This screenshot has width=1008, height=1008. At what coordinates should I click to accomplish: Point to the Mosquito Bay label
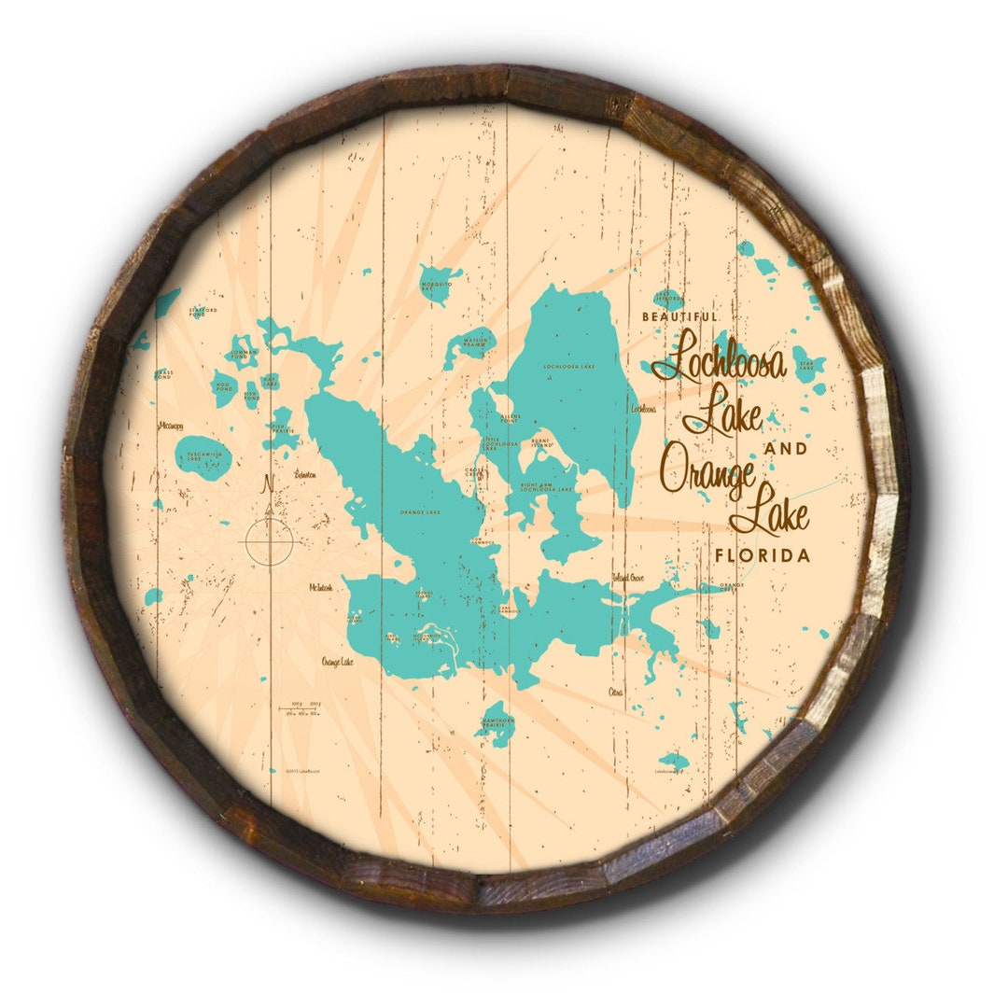(x=436, y=287)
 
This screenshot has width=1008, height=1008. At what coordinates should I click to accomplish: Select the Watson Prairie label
(x=476, y=343)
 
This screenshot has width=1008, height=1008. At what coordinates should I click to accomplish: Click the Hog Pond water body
(x=224, y=386)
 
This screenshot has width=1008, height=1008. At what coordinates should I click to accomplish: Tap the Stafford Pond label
(x=203, y=312)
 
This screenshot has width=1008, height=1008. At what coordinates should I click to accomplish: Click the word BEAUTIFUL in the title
(x=680, y=317)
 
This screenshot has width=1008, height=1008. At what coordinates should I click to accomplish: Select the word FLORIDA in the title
(x=763, y=555)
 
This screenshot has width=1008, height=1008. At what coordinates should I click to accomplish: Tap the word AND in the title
(x=786, y=449)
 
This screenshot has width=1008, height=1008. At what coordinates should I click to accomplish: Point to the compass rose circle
(x=270, y=540)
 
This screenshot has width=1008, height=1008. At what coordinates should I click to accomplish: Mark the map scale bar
(x=303, y=708)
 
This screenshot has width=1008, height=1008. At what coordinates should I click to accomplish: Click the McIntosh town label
(x=320, y=588)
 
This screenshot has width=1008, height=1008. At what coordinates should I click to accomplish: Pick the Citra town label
(x=615, y=692)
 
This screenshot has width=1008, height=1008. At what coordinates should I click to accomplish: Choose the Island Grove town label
(x=628, y=578)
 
